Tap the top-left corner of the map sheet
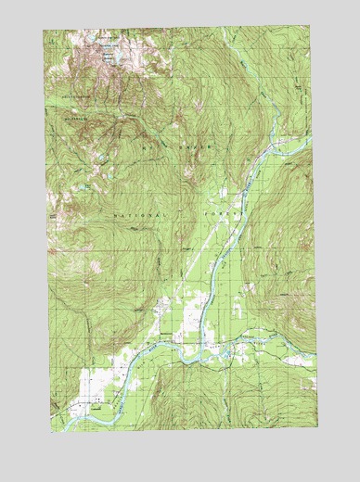(44, 29)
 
